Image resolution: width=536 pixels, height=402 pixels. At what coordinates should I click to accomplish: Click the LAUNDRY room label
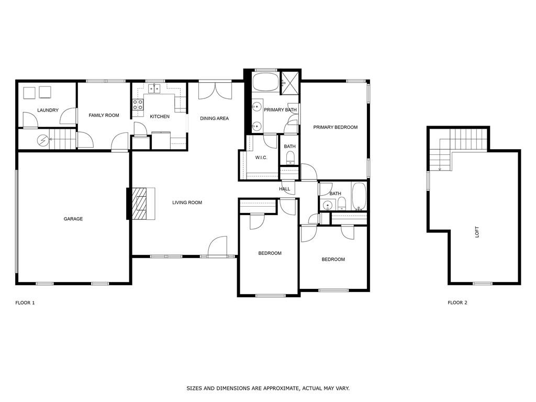pyautogui.click(x=48, y=110)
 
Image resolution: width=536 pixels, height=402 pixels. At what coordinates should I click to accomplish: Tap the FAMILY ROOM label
pyautogui.click(x=104, y=115)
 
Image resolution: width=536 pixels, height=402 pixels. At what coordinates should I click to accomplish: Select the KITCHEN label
pyautogui.click(x=160, y=116)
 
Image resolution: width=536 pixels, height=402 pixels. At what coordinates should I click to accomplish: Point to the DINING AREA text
pyautogui.click(x=214, y=118)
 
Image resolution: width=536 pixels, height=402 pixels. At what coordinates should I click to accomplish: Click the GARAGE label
pyautogui.click(x=73, y=219)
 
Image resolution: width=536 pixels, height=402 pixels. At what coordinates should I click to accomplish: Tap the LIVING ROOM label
pyautogui.click(x=187, y=203)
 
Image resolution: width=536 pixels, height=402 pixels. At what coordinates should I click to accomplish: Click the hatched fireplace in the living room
pyautogui.click(x=141, y=204)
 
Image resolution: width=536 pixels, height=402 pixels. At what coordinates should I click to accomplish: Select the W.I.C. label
pyautogui.click(x=261, y=158)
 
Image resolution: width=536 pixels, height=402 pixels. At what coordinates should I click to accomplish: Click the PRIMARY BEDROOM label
pyautogui.click(x=336, y=127)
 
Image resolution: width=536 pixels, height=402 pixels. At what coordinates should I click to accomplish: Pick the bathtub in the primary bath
pyautogui.click(x=265, y=81)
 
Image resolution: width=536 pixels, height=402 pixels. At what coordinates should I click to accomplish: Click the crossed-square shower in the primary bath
pyautogui.click(x=290, y=83)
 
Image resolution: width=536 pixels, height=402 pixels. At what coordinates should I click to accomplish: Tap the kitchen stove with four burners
pyautogui.click(x=138, y=104)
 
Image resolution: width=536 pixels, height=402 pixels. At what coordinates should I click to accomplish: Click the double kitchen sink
pyautogui.click(x=154, y=88)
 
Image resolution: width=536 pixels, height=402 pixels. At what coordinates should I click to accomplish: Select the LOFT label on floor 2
pyautogui.click(x=477, y=232)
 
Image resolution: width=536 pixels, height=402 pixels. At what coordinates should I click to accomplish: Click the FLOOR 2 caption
pyautogui.click(x=457, y=303)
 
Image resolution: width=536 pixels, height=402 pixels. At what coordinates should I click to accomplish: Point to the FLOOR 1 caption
pyautogui.click(x=25, y=303)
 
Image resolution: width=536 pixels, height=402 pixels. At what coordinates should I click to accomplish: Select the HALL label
pyautogui.click(x=284, y=188)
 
